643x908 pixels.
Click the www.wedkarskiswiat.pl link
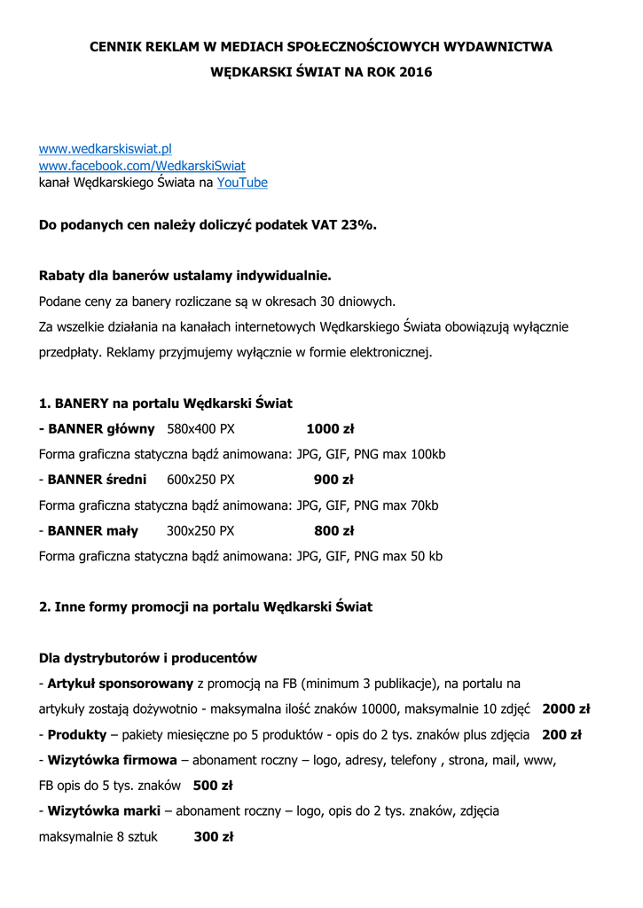[105, 149]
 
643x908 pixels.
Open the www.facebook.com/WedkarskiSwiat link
[142, 166]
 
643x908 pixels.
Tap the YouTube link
[242, 183]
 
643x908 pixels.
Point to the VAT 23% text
[344, 225]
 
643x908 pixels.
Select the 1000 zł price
[330, 429]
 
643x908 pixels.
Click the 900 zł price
[333, 481]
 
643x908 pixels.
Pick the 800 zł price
[333, 531]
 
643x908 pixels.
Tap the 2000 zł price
[566, 709]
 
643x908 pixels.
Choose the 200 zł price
[561, 735]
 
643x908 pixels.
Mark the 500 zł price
[212, 786]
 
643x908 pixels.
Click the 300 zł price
[213, 836]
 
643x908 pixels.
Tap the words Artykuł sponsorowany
[121, 684]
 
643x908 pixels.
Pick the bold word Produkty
[77, 735]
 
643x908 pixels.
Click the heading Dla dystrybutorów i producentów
[148, 658]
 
